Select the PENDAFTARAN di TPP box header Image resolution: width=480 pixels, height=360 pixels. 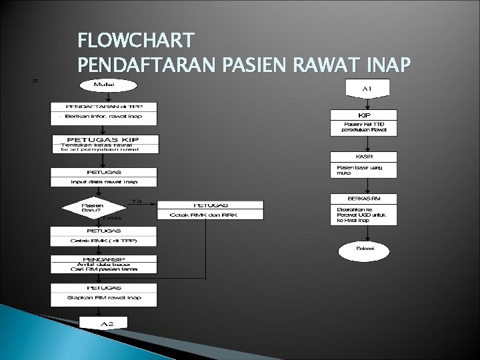pyautogui.click(x=104, y=106)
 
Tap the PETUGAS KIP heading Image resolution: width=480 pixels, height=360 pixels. pyautogui.click(x=105, y=139)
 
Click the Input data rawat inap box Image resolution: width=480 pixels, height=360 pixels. pyautogui.click(x=104, y=181)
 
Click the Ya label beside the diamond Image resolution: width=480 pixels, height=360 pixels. pyautogui.click(x=137, y=199)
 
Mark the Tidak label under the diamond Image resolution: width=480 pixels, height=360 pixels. pyautogui.click(x=112, y=217)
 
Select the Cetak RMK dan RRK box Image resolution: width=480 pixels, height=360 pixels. pyautogui.click(x=209, y=214)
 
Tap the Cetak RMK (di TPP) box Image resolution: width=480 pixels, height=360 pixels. pyautogui.click(x=104, y=239)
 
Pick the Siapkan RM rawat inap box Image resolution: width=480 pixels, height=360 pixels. pyautogui.click(x=104, y=297)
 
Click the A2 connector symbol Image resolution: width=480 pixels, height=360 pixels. pyautogui.click(x=105, y=323)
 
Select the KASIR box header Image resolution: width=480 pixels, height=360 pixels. pyautogui.click(x=364, y=156)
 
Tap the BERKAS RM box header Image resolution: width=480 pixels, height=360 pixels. pyautogui.click(x=364, y=199)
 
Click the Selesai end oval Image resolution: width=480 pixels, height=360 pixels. pyautogui.click(x=364, y=249)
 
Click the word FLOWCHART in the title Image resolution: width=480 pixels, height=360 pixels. pyautogui.click(x=137, y=42)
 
